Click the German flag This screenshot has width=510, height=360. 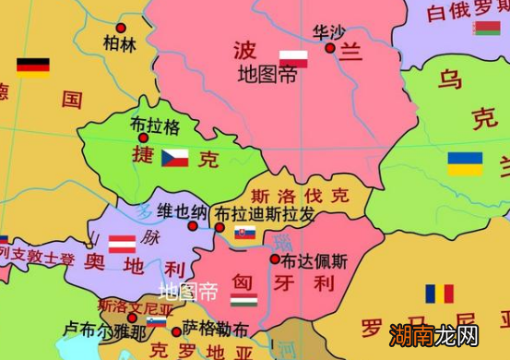[x=32, y=66]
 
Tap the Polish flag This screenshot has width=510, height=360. [x=294, y=58]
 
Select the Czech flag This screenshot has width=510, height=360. [x=174, y=158]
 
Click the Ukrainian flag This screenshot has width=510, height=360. [x=465, y=163]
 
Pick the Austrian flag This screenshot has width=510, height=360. [x=123, y=244]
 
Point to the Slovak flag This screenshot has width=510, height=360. [x=244, y=234]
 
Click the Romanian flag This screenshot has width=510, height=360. [x=439, y=294]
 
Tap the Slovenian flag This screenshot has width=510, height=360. [x=158, y=322]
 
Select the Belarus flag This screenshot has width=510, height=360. [x=487, y=29]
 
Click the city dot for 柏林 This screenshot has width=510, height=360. [x=121, y=29]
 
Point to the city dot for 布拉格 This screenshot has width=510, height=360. [x=143, y=138]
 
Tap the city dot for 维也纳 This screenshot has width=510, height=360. [x=193, y=226]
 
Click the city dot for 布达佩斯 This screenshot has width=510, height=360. [x=275, y=259]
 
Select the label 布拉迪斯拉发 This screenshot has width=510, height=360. [x=265, y=214]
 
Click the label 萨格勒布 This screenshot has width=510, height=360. [x=215, y=328]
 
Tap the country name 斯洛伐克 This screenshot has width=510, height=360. [x=300, y=196]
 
